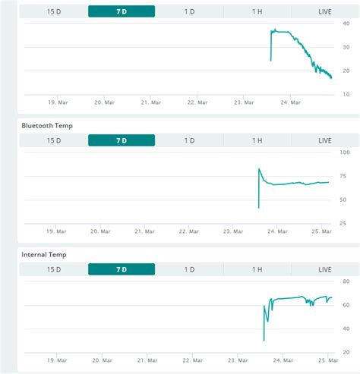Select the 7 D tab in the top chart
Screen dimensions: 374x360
[122, 11]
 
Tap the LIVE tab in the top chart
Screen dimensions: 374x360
[325, 11]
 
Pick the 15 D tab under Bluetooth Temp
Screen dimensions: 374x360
[54, 140]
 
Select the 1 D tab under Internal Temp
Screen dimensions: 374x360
[189, 269]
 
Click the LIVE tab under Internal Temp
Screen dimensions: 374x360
[325, 269]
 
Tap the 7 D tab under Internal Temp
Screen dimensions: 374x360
[122, 269]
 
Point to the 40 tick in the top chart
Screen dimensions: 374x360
[346, 23]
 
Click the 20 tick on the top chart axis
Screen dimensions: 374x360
[346, 71]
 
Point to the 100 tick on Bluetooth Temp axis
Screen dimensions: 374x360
[345, 152]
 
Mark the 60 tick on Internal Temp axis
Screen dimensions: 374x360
[346, 305]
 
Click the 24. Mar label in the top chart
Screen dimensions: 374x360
[290, 102]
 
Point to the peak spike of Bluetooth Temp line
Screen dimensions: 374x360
[259, 168]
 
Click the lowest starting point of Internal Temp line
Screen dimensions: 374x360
[264, 340]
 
